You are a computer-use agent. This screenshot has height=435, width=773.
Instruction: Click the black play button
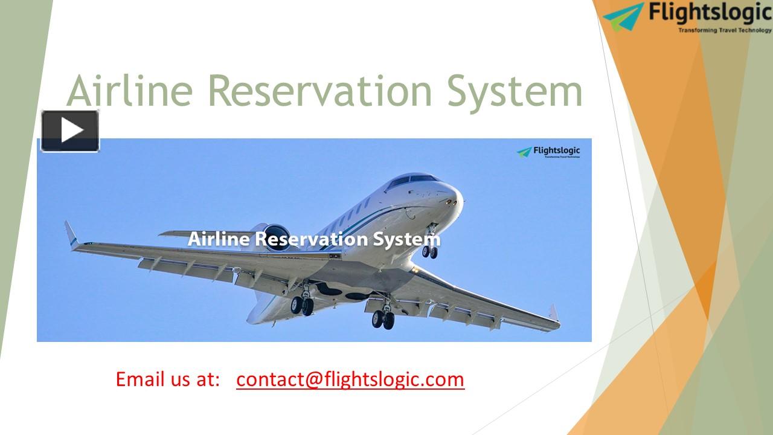click(70, 130)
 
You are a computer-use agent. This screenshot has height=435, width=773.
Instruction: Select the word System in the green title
click(524, 91)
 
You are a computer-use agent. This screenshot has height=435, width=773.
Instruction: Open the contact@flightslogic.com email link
click(350, 379)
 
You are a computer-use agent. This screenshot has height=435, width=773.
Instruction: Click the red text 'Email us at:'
click(168, 379)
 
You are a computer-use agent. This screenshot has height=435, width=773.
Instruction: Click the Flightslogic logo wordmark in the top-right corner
click(709, 12)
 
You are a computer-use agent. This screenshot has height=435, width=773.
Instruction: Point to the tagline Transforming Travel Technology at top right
click(725, 30)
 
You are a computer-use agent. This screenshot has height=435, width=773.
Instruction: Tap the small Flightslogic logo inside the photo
click(548, 152)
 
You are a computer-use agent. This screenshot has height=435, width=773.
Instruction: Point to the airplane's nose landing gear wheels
click(430, 251)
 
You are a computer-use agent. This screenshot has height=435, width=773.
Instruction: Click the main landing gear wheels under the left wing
click(302, 305)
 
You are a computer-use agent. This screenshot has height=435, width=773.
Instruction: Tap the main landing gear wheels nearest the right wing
click(383, 319)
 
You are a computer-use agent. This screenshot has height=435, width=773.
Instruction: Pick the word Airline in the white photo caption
click(218, 239)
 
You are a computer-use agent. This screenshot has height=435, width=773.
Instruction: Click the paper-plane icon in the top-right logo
click(623, 16)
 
